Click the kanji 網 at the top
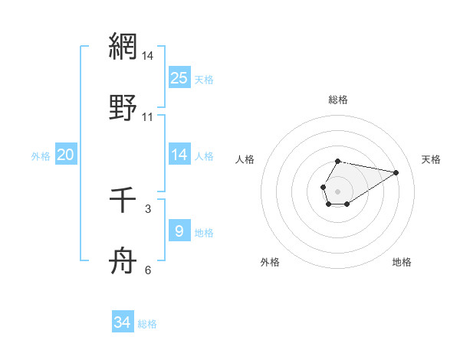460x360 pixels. tap(123, 47)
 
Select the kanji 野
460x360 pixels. tap(123, 106)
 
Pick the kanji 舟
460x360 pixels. tap(123, 260)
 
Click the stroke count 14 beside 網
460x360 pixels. tap(148, 57)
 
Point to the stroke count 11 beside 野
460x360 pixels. tap(148, 117)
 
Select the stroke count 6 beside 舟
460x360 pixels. tap(148, 270)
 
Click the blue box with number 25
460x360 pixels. tap(179, 78)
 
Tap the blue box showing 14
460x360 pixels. tap(179, 155)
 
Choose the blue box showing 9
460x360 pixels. tap(179, 231)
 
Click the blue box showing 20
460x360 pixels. tap(66, 155)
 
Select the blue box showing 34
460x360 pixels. tap(123, 322)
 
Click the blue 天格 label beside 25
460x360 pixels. tap(204, 79)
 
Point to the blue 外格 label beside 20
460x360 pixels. tap(41, 155)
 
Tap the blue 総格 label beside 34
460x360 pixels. tap(147, 323)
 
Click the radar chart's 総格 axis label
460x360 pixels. tap(338, 100)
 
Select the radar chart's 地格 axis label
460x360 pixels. tap(402, 262)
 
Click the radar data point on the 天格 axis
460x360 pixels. tap(396, 172)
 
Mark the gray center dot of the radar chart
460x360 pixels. tap(337, 190)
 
